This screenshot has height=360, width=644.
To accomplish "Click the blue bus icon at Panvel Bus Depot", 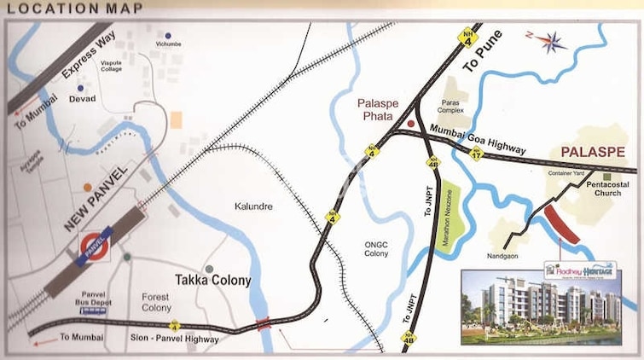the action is (x=93, y=311).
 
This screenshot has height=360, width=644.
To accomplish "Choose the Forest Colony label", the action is (x=156, y=302).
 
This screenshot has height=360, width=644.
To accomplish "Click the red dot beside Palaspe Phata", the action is (x=410, y=125).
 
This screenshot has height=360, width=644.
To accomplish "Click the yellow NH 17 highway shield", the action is (x=477, y=153).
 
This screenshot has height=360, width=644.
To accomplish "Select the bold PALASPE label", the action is (x=591, y=153).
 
